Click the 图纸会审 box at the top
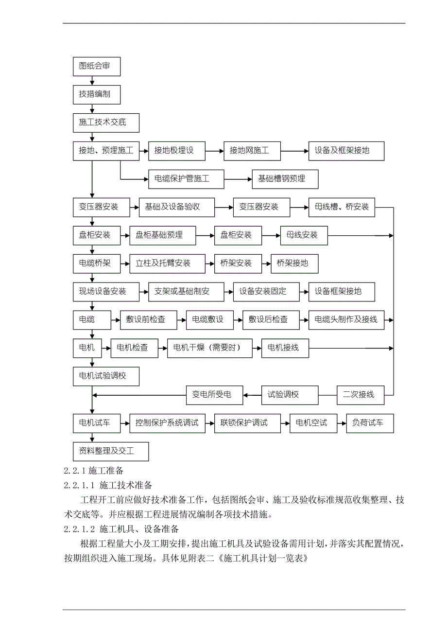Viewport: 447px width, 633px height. click(97, 66)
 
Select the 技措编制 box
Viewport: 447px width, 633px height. click(97, 94)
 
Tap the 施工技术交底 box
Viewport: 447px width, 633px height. click(106, 123)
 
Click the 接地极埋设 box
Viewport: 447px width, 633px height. click(177, 151)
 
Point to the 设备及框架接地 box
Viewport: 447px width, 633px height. click(346, 151)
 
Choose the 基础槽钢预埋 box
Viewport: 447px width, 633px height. click(285, 179)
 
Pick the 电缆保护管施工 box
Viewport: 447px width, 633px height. click(186, 179)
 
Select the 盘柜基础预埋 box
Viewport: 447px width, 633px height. click(163, 235)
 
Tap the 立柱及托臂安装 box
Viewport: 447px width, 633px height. click(168, 264)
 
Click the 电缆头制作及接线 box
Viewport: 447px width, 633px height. click(346, 319)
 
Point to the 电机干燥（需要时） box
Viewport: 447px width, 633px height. click(210, 348)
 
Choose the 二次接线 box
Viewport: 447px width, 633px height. click(361, 395)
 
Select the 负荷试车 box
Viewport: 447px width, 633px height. click(370, 423)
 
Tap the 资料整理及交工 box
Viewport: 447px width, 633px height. click(111, 451)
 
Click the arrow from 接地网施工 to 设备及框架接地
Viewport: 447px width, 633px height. click(295, 151)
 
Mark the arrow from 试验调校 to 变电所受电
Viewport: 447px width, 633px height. click(253, 395)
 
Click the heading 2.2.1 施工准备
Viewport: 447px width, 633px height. click(94, 471)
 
